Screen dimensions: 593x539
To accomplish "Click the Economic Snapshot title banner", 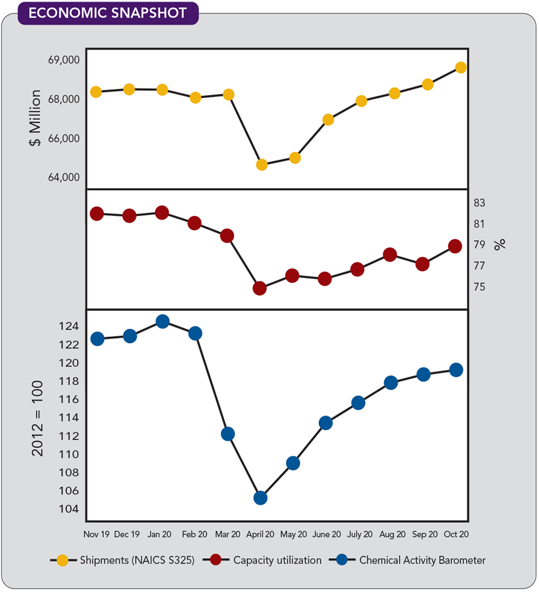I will [108, 13].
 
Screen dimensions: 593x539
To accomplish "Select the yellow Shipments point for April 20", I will [262, 165].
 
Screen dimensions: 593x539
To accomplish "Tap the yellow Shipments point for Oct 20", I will [461, 67].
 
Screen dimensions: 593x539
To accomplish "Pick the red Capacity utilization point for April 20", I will [260, 288].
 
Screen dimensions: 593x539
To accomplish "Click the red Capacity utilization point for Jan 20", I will [162, 213].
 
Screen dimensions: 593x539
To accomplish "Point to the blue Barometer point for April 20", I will [260, 497].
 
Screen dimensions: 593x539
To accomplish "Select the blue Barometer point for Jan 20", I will [162, 322].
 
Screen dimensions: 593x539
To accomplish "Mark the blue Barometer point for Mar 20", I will [227, 434].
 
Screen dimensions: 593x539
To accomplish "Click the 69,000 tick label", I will [64, 59].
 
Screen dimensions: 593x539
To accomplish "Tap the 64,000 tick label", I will [64, 178].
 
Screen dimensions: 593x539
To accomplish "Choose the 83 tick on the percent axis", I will [480, 203].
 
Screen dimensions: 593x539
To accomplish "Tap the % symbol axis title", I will [501, 244].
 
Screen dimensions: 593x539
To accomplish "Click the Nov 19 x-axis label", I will [96, 535].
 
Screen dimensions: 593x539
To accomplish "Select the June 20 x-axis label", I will [326, 535].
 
